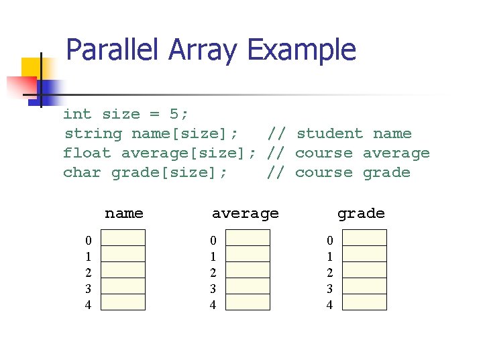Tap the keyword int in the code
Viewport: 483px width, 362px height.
point(77,114)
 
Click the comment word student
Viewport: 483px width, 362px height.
point(329,133)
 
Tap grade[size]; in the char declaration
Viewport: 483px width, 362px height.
point(170,172)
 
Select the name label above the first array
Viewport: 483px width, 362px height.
point(124,213)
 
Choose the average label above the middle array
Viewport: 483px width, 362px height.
point(245,213)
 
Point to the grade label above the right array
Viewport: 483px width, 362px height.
point(361,213)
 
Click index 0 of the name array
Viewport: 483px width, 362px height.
point(88,240)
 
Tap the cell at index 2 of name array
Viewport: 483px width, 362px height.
point(123,270)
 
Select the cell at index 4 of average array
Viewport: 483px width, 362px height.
point(248,302)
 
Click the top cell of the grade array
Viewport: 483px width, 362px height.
point(365,238)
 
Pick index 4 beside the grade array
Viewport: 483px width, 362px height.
point(329,304)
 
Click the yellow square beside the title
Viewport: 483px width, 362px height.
point(32,68)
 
